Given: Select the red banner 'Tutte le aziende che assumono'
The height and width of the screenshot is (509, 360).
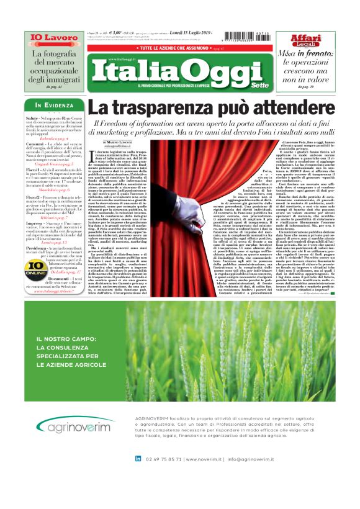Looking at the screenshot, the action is [180, 47].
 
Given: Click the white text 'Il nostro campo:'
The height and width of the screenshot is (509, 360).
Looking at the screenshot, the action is [59, 339].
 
